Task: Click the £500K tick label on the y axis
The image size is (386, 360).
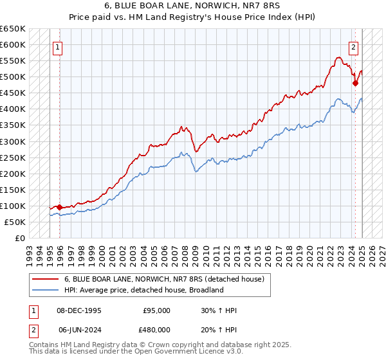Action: coord(13,77)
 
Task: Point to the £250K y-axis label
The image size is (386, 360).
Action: coord(13,157)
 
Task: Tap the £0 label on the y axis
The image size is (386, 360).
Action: coord(20,238)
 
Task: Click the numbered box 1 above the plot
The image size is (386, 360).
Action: coord(58,47)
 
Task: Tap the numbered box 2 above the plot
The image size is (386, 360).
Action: coord(354,47)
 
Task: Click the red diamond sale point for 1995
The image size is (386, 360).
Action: coord(59,207)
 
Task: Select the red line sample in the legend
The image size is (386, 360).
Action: coord(45,279)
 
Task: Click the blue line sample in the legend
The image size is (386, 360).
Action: coord(45,290)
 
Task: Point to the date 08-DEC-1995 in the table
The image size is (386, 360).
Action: coord(75,310)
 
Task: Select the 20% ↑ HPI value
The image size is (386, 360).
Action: coord(219,328)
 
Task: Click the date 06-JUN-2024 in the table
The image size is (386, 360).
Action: coord(75,328)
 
